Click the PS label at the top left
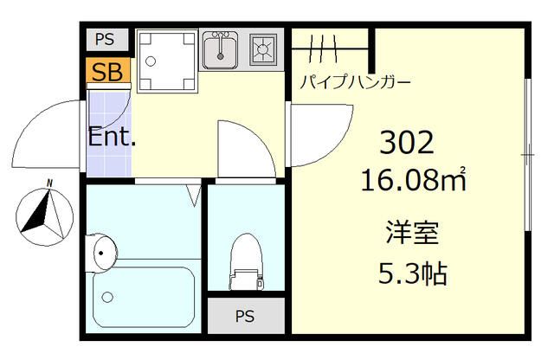pyautogui.click(x=106, y=40)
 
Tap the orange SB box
pyautogui.click(x=107, y=70)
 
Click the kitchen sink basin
pyautogui.click(x=222, y=50)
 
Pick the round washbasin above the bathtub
pyautogui.click(x=103, y=252)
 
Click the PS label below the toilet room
pyautogui.click(x=245, y=315)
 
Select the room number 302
pyautogui.click(x=406, y=142)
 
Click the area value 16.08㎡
pyautogui.click(x=414, y=182)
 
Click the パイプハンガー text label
pyautogui.click(x=355, y=83)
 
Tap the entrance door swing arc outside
pyautogui.click(x=48, y=134)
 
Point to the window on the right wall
pyautogui.click(x=527, y=156)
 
